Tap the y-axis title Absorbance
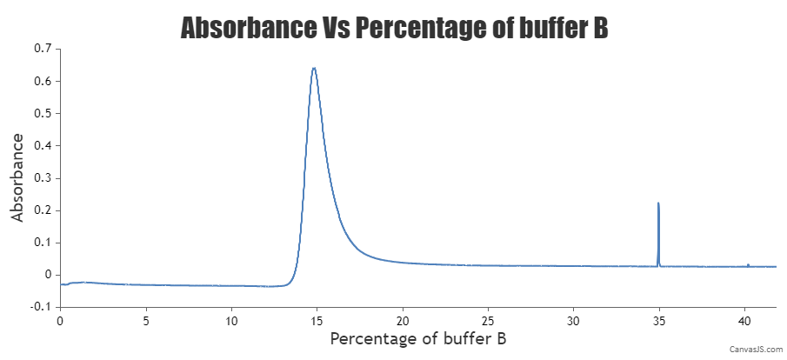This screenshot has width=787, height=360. click(x=17, y=177)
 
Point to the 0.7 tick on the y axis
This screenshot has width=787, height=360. click(x=43, y=49)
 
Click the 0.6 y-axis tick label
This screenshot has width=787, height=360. click(x=43, y=81)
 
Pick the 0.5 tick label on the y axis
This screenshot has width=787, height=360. click(x=43, y=113)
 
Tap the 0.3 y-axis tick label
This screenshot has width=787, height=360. click(x=43, y=177)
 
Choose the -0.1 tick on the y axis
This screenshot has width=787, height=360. click(x=40, y=306)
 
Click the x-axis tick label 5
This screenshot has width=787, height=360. click(x=146, y=320)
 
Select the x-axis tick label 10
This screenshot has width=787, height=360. click(x=231, y=320)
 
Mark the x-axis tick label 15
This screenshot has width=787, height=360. click(x=317, y=320)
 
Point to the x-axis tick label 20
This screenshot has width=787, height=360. click(x=403, y=320)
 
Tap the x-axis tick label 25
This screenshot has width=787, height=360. click(x=488, y=320)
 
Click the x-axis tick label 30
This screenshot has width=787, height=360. click(x=573, y=320)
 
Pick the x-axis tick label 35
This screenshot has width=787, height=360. click(x=659, y=320)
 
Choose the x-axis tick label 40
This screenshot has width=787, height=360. click(x=744, y=320)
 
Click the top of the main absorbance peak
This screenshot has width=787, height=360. click(x=314, y=68)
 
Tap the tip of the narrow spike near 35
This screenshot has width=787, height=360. click(x=658, y=203)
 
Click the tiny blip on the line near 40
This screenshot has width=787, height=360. click(x=748, y=264)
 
